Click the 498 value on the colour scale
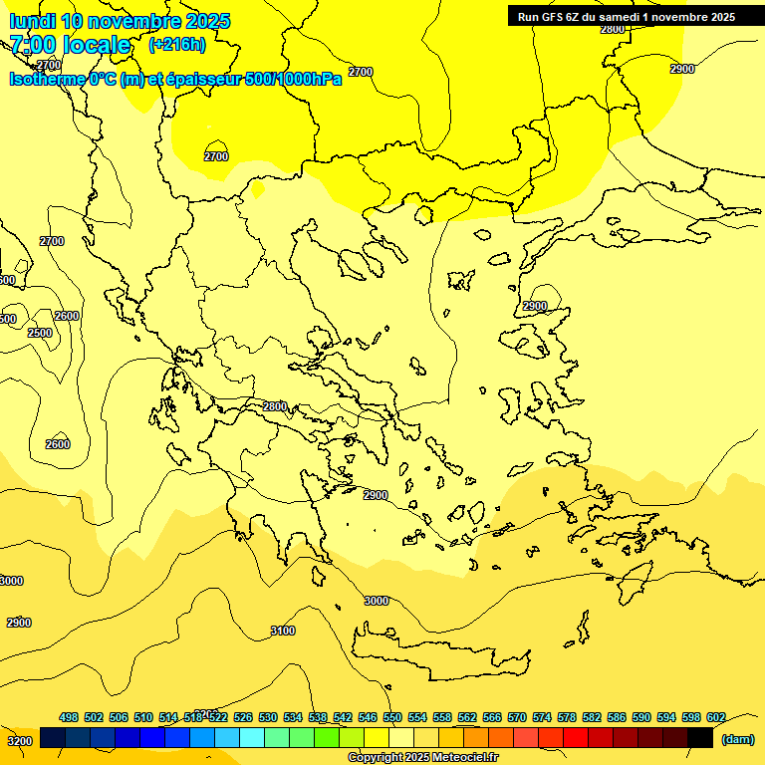pyautogui.click(x=69, y=717)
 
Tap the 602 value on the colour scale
pyautogui.click(x=715, y=717)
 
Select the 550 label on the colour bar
pyautogui.click(x=392, y=717)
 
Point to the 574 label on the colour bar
pyautogui.click(x=542, y=717)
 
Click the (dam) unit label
pyautogui.click(x=737, y=738)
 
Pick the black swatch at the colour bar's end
pyautogui.click(x=700, y=738)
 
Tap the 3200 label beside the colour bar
pyautogui.click(x=20, y=741)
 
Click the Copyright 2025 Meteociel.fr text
pyautogui.click(x=422, y=758)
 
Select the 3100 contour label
pyautogui.click(x=283, y=631)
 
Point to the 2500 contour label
pyautogui.click(x=40, y=333)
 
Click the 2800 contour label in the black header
pyautogui.click(x=613, y=29)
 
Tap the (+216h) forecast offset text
pyautogui.click(x=177, y=44)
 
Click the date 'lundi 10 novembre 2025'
pyautogui.click(x=120, y=21)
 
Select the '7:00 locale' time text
pyautogui.click(x=70, y=45)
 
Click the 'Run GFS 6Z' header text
pyautogui.click(x=556, y=16)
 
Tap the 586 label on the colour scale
pyautogui.click(x=617, y=717)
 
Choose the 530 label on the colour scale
pyautogui.click(x=268, y=717)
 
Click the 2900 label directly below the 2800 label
pyautogui.click(x=376, y=495)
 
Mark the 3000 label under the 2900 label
pyautogui.click(x=377, y=601)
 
